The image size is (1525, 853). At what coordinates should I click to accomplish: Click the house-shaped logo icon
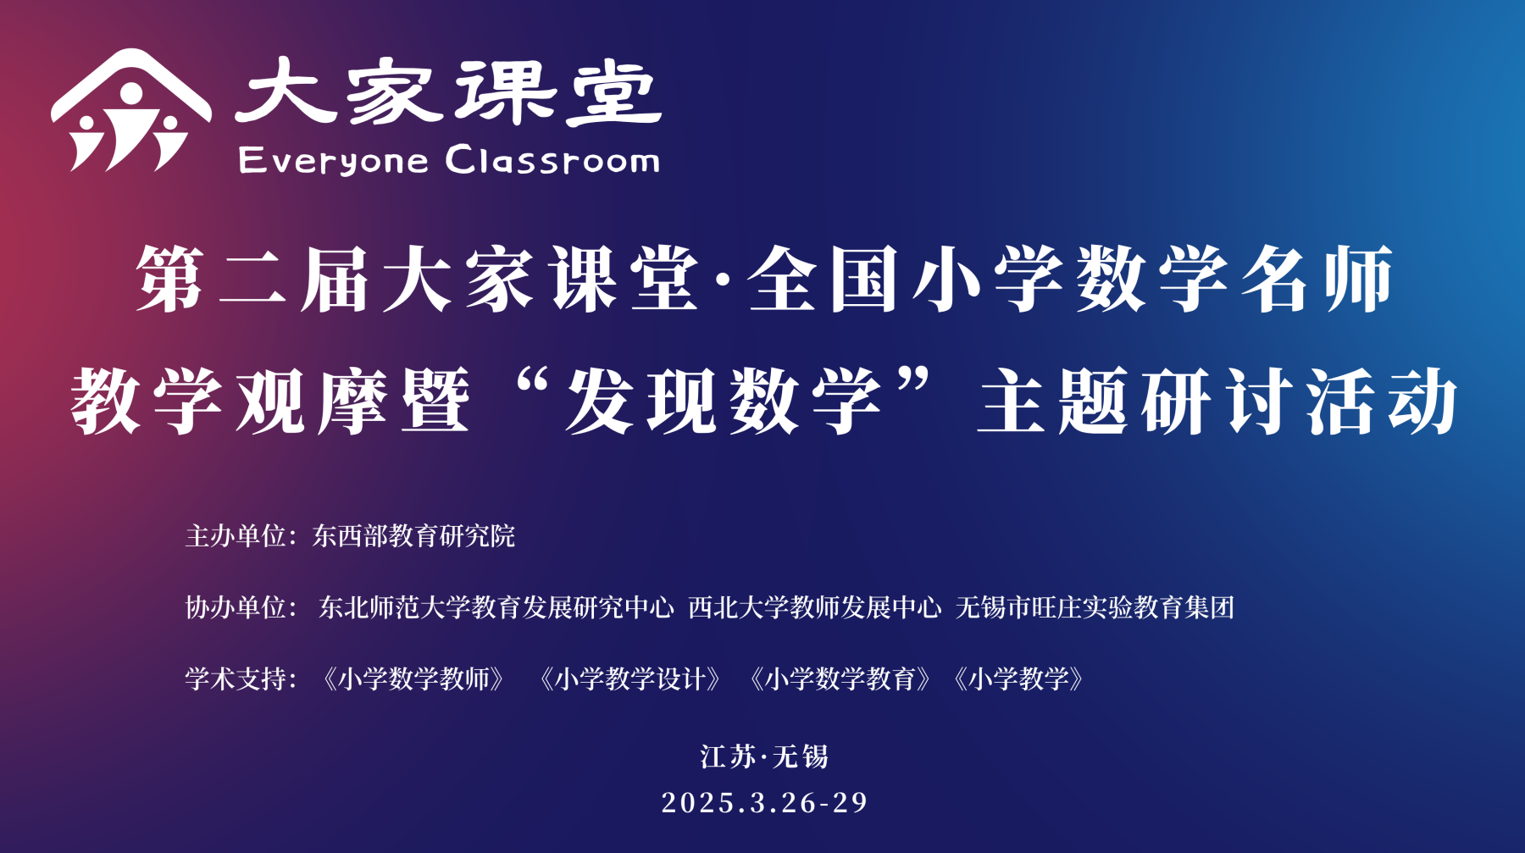tap(130, 110)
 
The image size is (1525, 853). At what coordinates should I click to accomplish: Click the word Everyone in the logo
tap(334, 160)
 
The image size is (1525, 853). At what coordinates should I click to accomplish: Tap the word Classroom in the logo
tap(552, 158)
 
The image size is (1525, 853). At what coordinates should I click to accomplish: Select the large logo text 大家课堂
tap(447, 92)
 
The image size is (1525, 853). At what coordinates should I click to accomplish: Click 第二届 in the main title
tap(252, 279)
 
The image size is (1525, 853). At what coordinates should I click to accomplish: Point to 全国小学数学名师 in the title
tap(1070, 279)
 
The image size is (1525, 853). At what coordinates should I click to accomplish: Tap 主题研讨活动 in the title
tap(1217, 400)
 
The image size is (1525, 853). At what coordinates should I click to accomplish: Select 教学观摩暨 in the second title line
tap(270, 400)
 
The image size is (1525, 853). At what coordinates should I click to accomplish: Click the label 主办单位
tap(236, 535)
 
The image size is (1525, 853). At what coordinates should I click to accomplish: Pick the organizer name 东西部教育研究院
tap(413, 535)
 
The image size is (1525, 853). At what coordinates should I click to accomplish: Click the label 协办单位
tap(236, 607)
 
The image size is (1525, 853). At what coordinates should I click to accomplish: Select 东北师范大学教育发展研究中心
tap(496, 607)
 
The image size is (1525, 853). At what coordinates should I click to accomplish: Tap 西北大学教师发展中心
tap(814, 607)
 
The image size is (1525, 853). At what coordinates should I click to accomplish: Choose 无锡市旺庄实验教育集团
tap(1095, 607)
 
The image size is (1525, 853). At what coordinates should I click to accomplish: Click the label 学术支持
tap(236, 679)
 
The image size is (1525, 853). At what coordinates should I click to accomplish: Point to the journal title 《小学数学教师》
tap(413, 679)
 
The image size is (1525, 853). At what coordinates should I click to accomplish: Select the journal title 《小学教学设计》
tap(630, 679)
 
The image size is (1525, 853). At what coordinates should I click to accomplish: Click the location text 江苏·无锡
tap(764, 756)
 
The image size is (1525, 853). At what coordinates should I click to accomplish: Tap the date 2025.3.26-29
tap(765, 802)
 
